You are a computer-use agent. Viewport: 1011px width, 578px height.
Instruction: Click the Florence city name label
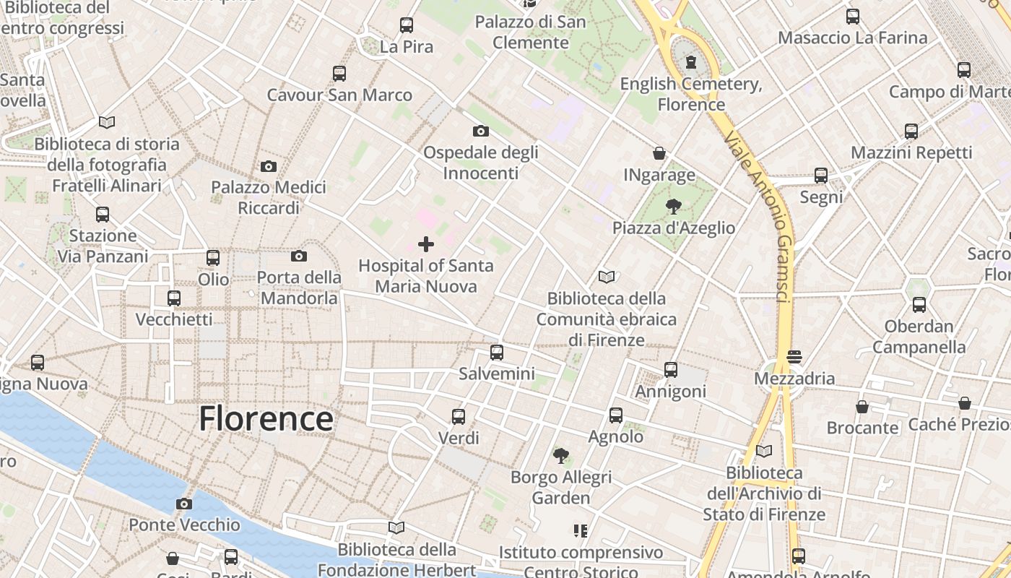coord(266,419)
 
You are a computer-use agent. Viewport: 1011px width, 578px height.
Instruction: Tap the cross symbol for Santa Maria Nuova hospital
coord(426,244)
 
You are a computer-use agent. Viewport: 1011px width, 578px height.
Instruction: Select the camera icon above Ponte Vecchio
coord(184,504)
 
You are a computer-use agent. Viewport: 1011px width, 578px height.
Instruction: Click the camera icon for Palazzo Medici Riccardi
coord(269,167)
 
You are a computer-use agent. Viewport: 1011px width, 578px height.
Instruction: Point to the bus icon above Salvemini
coord(497,353)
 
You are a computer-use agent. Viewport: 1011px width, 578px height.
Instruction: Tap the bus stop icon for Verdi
coord(459,417)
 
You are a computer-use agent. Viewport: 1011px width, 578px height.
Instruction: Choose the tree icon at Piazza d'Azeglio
coord(673,207)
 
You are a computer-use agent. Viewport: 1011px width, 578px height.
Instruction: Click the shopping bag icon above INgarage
coord(659,153)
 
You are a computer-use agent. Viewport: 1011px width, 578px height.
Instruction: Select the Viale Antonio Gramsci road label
coord(765,217)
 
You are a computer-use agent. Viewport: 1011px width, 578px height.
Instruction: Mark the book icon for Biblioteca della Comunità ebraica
coord(607,277)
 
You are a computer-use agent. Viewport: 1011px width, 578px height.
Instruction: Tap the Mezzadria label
coord(794,379)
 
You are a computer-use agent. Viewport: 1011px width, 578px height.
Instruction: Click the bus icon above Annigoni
coord(671,370)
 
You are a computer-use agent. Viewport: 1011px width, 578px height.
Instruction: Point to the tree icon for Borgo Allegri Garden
coord(560,455)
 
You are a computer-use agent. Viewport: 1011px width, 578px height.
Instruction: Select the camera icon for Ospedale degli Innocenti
coord(480,131)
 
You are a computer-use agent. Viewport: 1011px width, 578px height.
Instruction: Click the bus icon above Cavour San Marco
coord(339,73)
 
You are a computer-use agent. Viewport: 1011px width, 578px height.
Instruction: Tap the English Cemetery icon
coord(691,62)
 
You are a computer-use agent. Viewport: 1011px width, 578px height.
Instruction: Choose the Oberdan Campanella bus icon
coord(919,305)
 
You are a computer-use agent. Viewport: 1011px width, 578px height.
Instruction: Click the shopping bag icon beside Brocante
coord(862,407)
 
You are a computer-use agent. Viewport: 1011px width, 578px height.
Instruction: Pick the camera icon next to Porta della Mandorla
coord(298,256)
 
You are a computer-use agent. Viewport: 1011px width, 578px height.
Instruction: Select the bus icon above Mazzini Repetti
coord(911,131)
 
